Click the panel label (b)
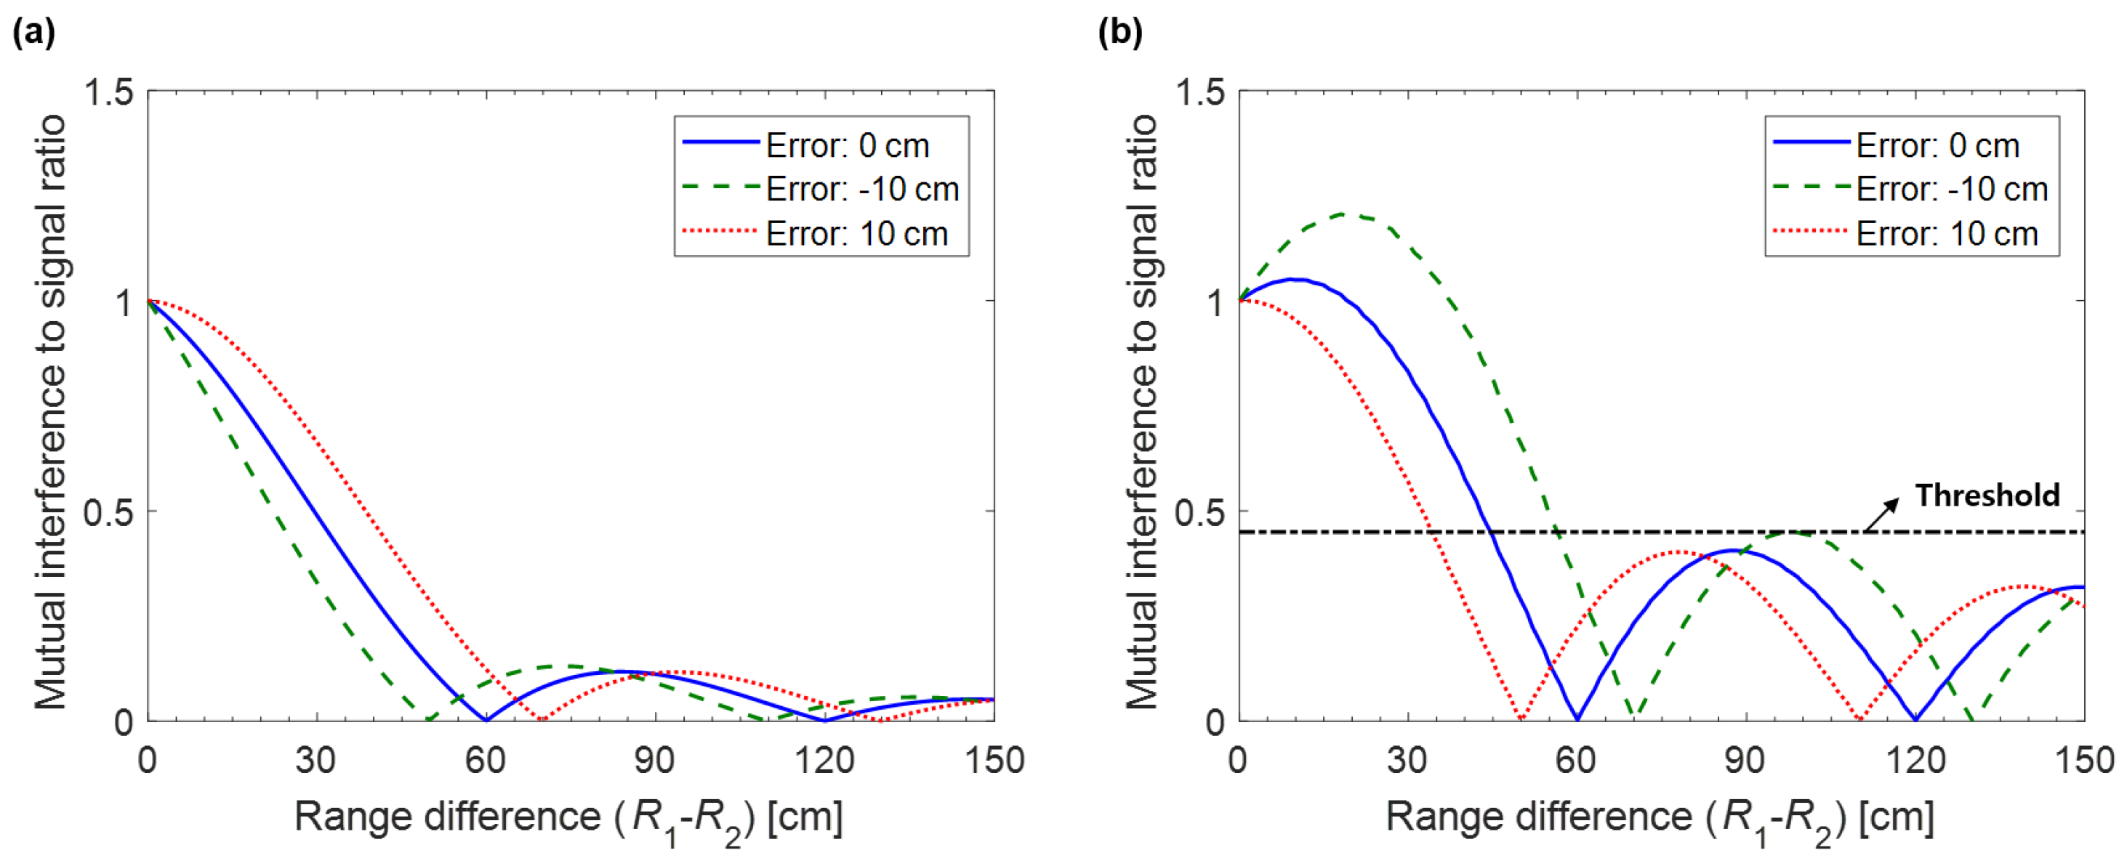tap(1120, 32)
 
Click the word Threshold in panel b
tap(1987, 495)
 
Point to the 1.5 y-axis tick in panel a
tap(109, 92)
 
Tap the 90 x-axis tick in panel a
tap(655, 759)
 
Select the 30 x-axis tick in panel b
tap(1407, 759)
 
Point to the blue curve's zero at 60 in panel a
tap(486, 720)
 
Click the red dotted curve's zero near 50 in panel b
tap(1520, 719)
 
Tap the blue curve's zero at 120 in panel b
tap(1915, 719)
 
